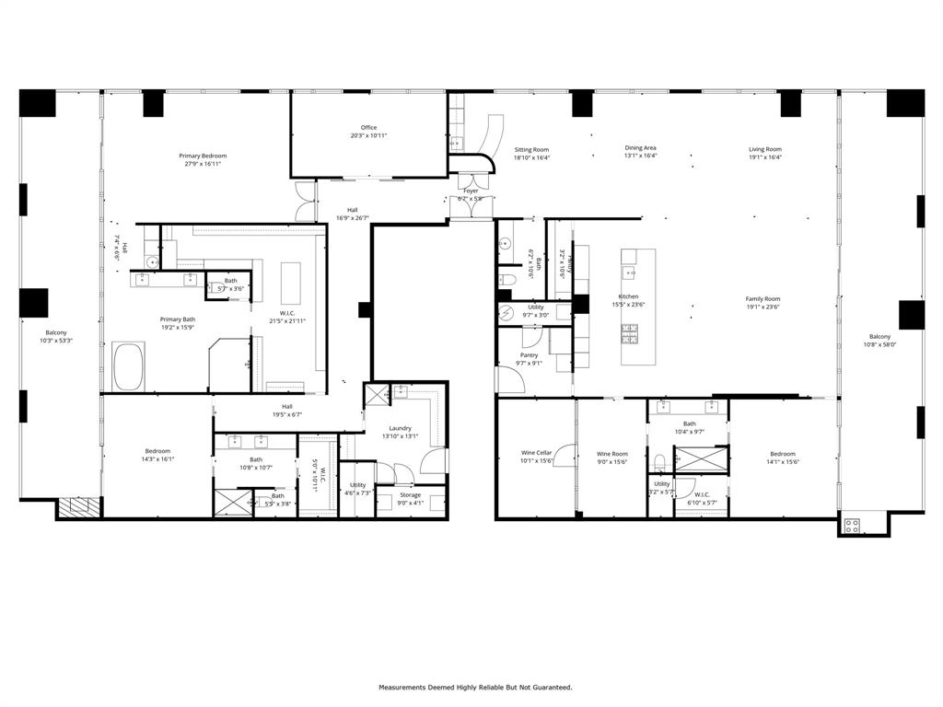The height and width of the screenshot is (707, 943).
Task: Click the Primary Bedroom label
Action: pos(203,156)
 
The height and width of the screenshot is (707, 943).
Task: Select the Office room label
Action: pos(368,127)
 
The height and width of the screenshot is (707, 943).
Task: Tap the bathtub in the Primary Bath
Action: pos(129,365)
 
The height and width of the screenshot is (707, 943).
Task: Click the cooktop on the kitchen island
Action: pos(631,332)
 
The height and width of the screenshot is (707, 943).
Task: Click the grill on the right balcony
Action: pos(852,527)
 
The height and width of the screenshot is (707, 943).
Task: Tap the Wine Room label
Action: pos(612,454)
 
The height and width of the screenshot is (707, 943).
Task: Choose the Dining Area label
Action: pos(641,147)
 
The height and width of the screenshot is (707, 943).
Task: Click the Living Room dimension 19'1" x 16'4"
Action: pos(764,157)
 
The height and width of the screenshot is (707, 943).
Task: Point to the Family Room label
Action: pos(763,298)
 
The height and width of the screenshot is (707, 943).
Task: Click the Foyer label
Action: pos(471,191)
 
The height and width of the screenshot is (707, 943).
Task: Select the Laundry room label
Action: pos(400,427)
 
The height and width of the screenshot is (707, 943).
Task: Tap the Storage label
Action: pos(410,494)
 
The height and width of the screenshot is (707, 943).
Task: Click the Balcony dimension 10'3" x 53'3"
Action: pos(57,341)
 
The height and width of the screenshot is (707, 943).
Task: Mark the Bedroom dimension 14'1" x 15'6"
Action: pos(783,462)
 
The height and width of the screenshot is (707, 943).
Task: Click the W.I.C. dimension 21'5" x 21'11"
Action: pos(286,320)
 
